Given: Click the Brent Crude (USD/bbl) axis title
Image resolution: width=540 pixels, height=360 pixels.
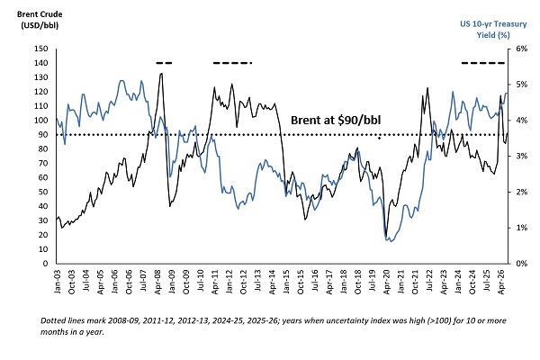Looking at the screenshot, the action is coord(40,20).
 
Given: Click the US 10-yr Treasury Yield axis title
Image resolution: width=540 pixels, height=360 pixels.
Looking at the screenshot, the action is coord(493,30).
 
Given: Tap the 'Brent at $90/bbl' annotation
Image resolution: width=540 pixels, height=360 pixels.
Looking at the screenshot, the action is coord(336,121).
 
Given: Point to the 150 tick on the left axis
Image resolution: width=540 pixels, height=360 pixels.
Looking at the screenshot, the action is coord(41,49).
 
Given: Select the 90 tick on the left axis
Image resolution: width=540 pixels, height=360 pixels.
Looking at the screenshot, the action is coord(43,135).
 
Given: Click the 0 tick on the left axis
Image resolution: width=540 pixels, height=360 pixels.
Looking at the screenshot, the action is coord(45,264).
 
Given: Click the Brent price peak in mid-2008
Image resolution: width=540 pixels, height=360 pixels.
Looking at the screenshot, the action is coord(161,74).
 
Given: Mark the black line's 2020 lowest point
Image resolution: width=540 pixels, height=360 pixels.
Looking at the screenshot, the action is coord(386,237).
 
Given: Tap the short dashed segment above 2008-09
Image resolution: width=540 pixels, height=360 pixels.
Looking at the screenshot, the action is coord(164,63).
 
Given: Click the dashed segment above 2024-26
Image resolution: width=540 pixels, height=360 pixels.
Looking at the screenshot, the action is coord(482,63).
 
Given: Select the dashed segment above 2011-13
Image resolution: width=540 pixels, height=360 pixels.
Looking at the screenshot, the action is coord(233,63).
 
